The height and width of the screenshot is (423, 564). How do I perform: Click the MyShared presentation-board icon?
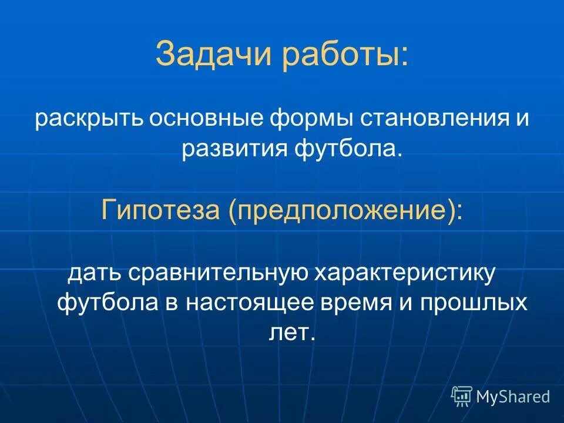[x=462, y=396]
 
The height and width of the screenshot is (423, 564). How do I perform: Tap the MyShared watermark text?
[x=512, y=397]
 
